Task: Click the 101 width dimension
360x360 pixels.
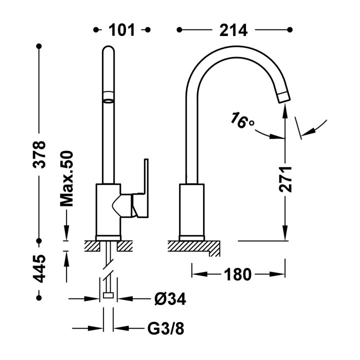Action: [x=121, y=30]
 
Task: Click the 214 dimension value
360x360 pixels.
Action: [x=233, y=30]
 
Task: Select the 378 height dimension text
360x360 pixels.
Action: [x=39, y=155]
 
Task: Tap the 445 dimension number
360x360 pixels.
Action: [x=39, y=268]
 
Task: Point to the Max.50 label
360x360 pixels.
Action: [x=66, y=178]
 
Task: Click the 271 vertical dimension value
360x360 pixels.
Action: [x=285, y=179]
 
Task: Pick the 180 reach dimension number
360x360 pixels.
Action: [x=237, y=274]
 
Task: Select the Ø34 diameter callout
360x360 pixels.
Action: [x=170, y=299]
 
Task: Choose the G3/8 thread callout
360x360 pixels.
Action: [x=166, y=328]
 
